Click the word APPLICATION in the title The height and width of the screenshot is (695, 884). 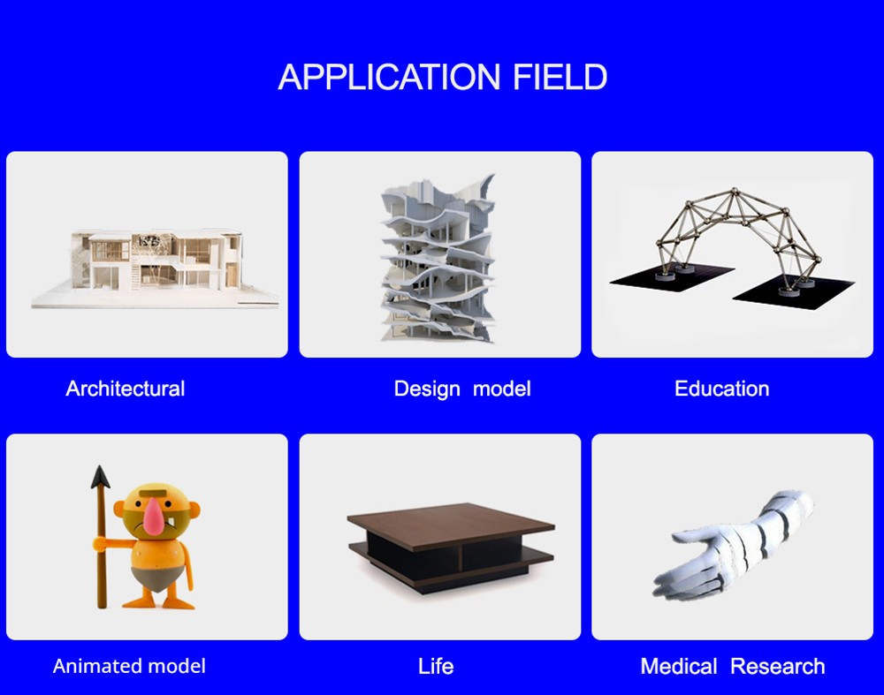pos(389,77)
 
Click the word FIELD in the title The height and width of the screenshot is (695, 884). pos(560,77)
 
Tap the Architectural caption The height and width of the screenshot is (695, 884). pos(126,389)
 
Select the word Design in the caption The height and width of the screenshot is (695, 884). pos(427,389)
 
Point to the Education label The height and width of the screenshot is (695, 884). pos(721,389)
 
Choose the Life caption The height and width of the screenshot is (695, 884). pos(436,666)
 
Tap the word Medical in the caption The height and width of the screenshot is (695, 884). pos(679,666)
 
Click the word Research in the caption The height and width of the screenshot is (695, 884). pos(777,666)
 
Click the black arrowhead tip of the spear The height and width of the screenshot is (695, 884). pos(100,466)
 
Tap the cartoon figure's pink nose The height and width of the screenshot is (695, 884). pos(153,516)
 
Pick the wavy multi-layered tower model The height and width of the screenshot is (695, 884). pos(438,258)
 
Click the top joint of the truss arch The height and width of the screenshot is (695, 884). pos(734,192)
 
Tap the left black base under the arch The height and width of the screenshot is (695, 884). pos(672,276)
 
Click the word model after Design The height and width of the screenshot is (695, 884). pos(502,389)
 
